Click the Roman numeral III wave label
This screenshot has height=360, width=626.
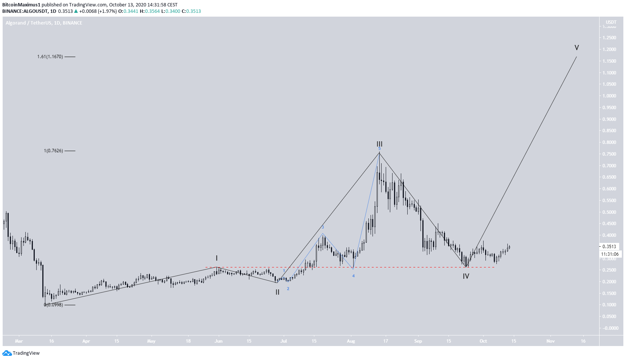[379, 144]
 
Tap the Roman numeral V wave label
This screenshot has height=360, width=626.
[577, 48]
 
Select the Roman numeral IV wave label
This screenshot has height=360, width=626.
[466, 276]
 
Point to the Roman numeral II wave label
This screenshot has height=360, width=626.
[277, 292]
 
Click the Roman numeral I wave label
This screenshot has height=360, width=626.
[216, 258]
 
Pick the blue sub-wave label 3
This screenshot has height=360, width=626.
[323, 227]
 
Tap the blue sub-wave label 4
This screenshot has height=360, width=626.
[353, 276]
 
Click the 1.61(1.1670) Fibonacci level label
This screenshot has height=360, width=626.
[50, 57]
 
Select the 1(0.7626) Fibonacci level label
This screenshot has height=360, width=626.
[53, 151]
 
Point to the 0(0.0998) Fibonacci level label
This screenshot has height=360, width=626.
[53, 304]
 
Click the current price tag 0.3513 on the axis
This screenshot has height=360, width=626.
[609, 247]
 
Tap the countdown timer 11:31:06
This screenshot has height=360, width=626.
[610, 254]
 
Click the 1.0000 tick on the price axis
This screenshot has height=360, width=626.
[609, 96]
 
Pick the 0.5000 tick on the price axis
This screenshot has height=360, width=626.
[609, 212]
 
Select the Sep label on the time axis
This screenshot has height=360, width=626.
[418, 341]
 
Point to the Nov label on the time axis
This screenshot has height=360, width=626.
[550, 341]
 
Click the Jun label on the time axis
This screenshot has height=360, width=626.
[218, 341]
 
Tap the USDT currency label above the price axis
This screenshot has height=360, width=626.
[611, 22]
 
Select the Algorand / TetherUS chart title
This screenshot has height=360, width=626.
[44, 23]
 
